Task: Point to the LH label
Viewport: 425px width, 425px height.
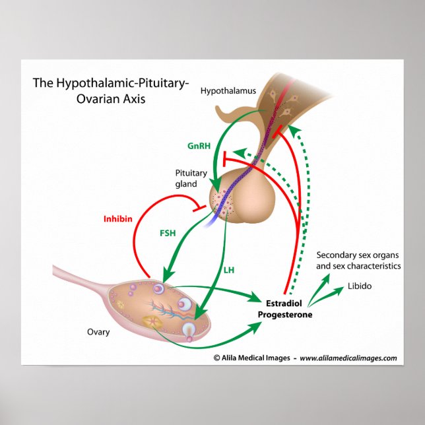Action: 230,270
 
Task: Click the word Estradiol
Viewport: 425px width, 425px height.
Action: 284,304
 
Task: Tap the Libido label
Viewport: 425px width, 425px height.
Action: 360,287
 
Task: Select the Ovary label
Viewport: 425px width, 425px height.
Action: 98,332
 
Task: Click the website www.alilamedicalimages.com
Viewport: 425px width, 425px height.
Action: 348,358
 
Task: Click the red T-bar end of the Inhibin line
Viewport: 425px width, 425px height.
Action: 195,206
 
